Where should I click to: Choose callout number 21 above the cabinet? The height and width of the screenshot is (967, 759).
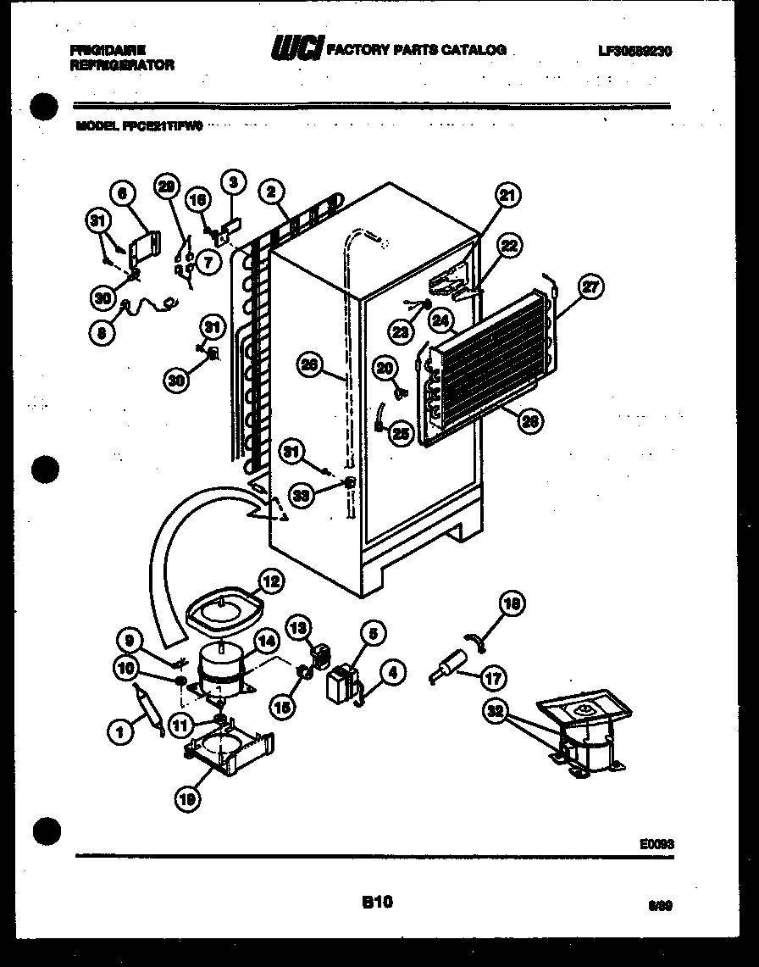point(507,196)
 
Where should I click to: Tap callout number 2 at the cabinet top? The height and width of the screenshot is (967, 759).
point(270,192)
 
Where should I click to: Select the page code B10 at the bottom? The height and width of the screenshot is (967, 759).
point(377,903)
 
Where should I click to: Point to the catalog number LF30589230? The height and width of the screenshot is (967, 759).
point(634,51)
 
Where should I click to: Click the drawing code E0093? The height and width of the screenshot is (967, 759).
point(657,843)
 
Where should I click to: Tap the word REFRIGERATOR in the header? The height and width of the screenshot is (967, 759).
point(124,64)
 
